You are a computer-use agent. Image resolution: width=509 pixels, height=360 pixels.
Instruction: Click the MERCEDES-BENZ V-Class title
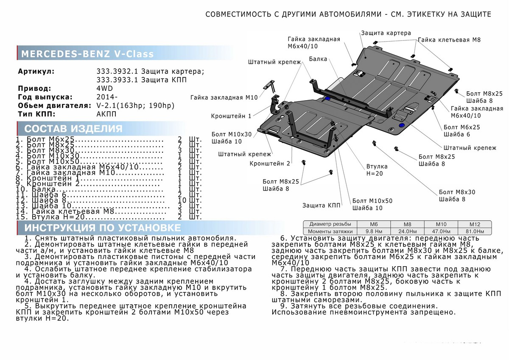point(87,54)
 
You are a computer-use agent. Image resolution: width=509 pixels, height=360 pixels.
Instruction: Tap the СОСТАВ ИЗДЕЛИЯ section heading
point(73,129)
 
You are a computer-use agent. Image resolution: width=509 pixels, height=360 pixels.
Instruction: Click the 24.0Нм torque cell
point(407,231)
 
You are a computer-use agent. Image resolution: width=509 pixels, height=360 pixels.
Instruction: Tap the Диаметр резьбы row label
point(330,224)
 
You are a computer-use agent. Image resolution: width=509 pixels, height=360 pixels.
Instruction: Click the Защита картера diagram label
point(386,33)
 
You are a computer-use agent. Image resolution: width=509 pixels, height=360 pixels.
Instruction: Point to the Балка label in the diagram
point(318,59)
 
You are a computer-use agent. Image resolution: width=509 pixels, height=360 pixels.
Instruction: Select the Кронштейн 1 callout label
point(231,116)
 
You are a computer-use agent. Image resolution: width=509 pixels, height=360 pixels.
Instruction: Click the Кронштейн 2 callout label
point(270,163)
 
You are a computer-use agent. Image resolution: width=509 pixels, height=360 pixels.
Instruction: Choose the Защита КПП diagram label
point(321,205)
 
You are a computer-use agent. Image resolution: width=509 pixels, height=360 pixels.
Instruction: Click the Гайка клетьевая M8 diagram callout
point(449,39)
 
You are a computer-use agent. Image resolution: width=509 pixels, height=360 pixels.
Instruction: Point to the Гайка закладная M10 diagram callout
point(224,98)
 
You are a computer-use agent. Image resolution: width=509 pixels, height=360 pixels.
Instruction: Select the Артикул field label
point(36,71)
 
